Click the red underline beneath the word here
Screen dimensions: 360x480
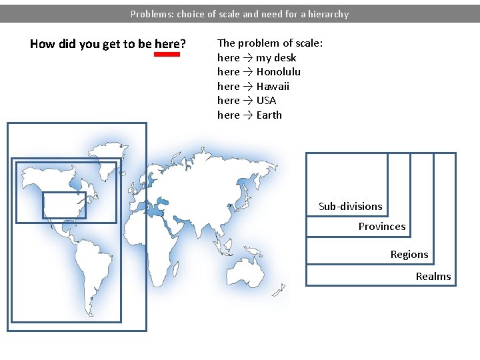pos(167,55)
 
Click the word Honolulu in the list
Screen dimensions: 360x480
pos(278,72)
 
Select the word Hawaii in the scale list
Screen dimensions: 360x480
pos(273,87)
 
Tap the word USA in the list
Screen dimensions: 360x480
pos(266,101)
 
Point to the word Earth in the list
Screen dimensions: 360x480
pos(269,115)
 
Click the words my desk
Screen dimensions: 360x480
pos(276,57)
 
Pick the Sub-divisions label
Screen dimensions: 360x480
pos(350,207)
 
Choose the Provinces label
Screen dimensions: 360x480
pos(381,227)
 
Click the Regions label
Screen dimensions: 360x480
pos(409,255)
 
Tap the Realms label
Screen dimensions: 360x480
pos(433,277)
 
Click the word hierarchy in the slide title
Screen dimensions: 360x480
pos(326,14)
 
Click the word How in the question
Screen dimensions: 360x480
pos(41,45)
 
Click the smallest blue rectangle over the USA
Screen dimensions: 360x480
pos(64,205)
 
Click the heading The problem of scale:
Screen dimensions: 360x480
pos(270,43)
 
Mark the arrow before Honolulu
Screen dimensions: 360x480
pos(247,72)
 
